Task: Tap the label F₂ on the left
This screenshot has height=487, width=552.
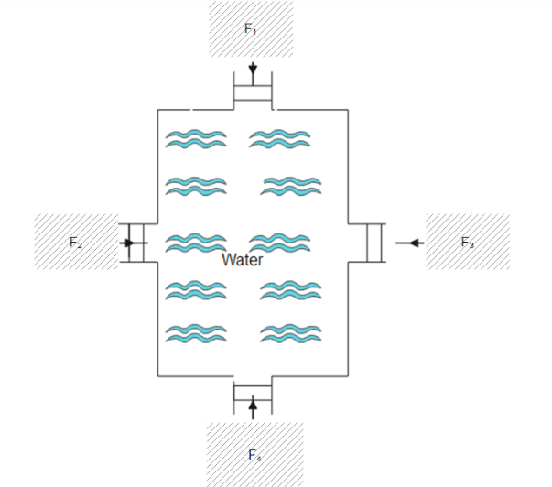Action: (77, 243)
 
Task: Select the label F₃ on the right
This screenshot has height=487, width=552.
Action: (468, 243)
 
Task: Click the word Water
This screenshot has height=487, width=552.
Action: (243, 260)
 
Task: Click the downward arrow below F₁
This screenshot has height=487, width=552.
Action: (252, 70)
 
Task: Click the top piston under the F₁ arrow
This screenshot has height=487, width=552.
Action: (253, 92)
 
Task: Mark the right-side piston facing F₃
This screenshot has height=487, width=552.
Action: (373, 243)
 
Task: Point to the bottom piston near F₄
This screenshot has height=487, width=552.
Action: (253, 392)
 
